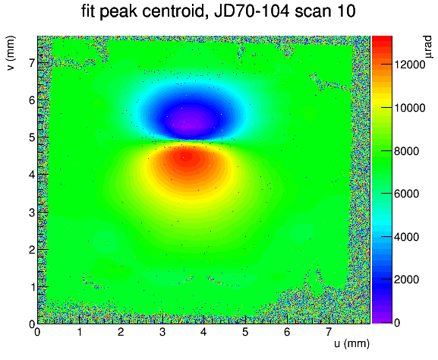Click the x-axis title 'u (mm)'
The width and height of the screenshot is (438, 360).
tap(351, 343)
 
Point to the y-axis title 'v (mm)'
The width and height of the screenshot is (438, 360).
tap(11, 53)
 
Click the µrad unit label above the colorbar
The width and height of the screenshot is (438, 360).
tap(428, 47)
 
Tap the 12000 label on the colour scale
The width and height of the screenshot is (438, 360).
tap(409, 65)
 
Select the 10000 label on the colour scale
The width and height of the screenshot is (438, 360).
tap(409, 108)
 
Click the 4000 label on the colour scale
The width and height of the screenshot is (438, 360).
tap(407, 237)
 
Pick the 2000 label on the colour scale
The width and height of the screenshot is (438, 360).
tap(407, 279)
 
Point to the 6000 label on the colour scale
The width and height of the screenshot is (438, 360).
tap(407, 194)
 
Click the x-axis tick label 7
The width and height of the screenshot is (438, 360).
tap(329, 332)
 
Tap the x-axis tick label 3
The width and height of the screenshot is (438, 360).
tap(162, 332)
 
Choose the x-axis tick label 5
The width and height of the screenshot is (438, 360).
tap(245, 332)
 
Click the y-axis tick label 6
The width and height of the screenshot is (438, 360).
tap(32, 100)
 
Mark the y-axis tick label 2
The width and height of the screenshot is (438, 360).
tap(32, 250)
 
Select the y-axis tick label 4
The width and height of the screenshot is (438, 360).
tap(32, 175)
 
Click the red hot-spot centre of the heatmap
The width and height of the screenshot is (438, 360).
tap(187, 157)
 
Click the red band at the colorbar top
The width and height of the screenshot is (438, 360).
tap(382, 40)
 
